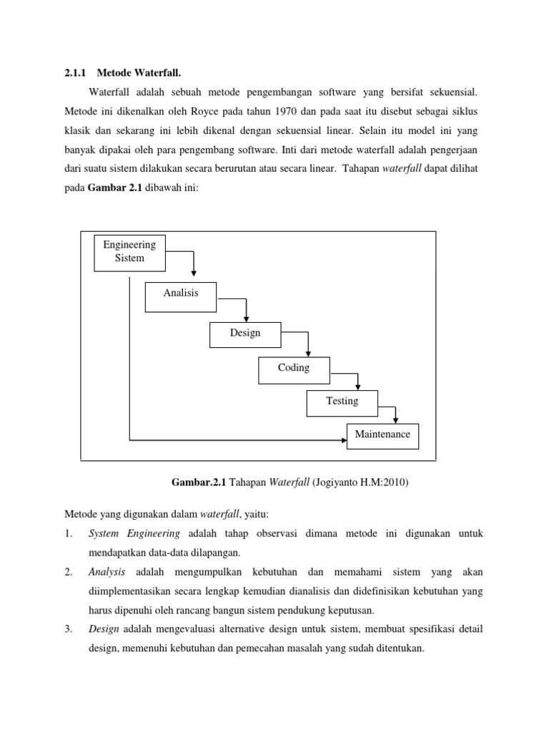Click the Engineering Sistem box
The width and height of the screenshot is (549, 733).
(129, 252)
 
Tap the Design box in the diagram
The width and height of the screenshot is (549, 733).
(245, 334)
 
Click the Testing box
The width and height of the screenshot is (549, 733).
(342, 402)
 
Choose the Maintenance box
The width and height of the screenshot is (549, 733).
(382, 435)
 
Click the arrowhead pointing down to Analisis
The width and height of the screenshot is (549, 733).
(194, 276)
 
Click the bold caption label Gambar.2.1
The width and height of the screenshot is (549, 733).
(199, 483)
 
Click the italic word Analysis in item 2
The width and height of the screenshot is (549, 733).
(107, 572)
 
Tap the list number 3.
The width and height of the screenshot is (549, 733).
(69, 629)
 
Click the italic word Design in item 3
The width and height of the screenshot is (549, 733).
(104, 629)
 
